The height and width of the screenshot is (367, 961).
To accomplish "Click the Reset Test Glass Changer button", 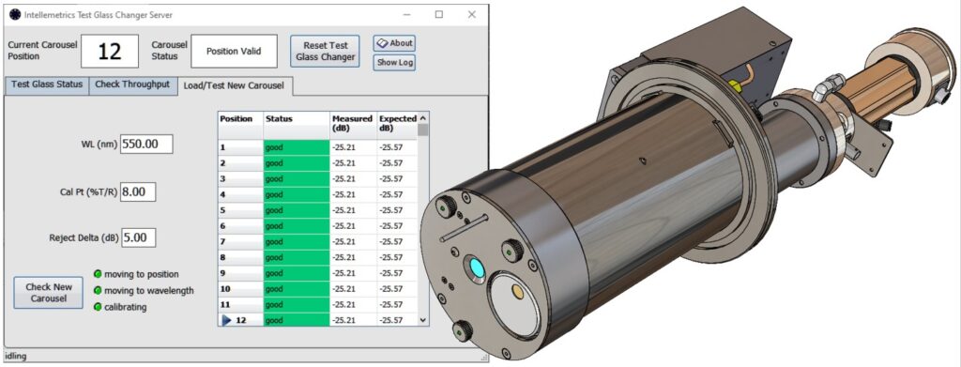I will click(x=325, y=51).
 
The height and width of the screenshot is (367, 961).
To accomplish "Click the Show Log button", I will click(x=394, y=63).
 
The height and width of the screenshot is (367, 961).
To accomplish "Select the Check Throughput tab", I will click(x=132, y=84).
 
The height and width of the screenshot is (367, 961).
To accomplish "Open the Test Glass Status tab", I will click(x=46, y=84).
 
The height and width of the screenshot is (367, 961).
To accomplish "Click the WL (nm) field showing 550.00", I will click(x=146, y=145).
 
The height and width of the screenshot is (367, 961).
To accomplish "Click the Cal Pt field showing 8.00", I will click(x=138, y=191).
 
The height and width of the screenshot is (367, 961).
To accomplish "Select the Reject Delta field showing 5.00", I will click(x=138, y=238).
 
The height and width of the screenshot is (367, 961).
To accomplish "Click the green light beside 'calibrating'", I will click(x=98, y=307).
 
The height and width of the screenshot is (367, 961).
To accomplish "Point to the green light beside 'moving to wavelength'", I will click(x=98, y=290).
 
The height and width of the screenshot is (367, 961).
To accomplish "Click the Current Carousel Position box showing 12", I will click(x=109, y=51).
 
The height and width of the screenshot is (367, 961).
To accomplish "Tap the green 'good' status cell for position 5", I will click(x=297, y=210).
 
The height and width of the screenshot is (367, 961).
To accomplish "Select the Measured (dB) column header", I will click(x=352, y=124).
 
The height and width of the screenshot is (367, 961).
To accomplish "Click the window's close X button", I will click(x=471, y=15).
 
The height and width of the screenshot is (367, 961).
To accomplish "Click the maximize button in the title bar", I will click(x=438, y=15).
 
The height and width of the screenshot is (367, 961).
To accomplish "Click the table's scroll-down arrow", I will click(x=423, y=320).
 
